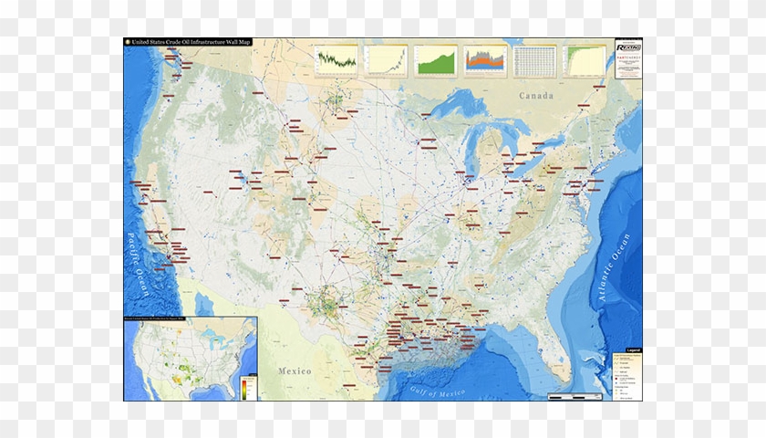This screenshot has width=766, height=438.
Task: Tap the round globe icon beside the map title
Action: [128, 42]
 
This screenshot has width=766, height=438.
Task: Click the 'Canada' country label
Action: [536, 96]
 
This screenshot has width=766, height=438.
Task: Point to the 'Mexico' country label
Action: [295, 371]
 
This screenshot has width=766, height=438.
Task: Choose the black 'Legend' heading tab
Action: [634, 350]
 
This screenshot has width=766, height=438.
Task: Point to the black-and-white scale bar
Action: [574, 396]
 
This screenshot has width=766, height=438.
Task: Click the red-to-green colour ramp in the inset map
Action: [245, 387]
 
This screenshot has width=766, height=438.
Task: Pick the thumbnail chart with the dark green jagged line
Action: [336, 60]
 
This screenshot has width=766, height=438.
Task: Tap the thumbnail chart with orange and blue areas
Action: [484, 60]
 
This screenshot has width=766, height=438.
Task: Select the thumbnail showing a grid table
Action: [533, 60]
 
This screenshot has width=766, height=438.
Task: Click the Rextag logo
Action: [628, 47]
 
